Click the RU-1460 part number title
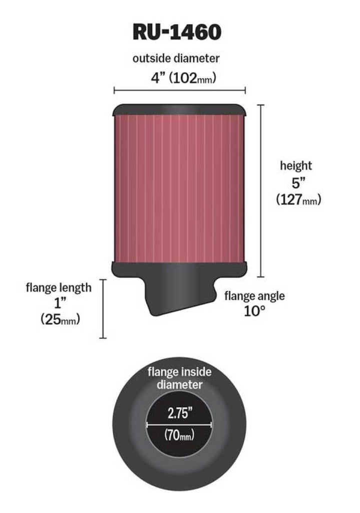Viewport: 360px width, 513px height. click(176, 32)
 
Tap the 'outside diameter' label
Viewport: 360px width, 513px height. click(176, 59)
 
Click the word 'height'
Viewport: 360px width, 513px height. click(295, 166)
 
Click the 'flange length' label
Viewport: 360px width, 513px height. click(59, 288)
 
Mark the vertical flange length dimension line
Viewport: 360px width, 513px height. click(103, 309)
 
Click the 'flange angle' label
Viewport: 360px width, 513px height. click(254, 296)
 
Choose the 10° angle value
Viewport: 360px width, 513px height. click(254, 312)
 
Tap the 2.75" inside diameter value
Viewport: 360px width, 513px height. click(179, 413)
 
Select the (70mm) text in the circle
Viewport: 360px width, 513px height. click(179, 435)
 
